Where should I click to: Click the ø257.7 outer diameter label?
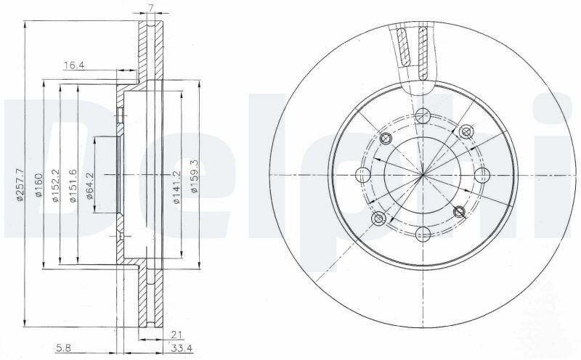pos(20,184)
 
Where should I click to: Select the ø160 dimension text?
pos(39,184)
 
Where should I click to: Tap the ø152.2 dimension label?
pos(56,185)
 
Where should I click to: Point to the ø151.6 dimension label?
pos(73,185)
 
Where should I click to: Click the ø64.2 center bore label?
pos(90,186)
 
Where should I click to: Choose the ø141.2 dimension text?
pos(176,187)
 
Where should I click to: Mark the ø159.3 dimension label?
pos(194,176)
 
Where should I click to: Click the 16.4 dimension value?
pos(75,65)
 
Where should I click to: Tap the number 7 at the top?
pos(150,7)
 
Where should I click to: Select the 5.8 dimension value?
pos(64,348)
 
